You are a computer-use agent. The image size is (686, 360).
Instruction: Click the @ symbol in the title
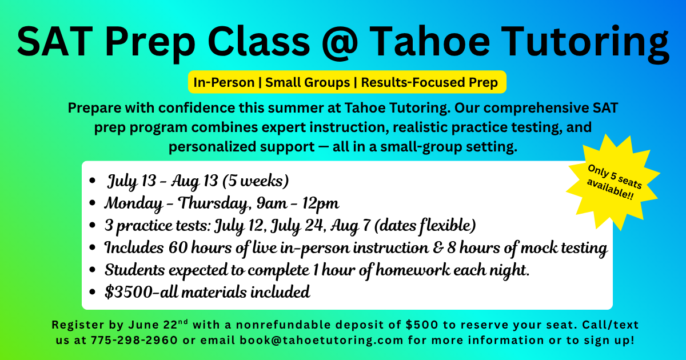click(340, 42)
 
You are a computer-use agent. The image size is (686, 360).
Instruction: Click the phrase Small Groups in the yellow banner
click(308, 82)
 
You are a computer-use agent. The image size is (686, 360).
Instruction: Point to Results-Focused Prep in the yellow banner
click(429, 82)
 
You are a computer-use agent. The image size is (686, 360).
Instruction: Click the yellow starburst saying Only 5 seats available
click(613, 183)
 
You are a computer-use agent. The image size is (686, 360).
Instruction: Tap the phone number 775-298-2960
click(134, 340)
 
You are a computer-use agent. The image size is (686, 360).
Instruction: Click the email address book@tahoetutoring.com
click(321, 340)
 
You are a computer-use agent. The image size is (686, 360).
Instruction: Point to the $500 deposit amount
click(422, 325)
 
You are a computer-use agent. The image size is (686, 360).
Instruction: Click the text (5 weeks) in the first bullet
click(256, 181)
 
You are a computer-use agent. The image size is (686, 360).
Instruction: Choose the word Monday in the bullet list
click(134, 203)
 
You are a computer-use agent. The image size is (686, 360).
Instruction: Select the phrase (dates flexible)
click(425, 226)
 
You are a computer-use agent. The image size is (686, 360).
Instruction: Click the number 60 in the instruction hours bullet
click(178, 247)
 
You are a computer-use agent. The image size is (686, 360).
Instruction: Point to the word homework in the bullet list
click(413, 270)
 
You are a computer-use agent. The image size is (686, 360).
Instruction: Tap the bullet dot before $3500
click(92, 292)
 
